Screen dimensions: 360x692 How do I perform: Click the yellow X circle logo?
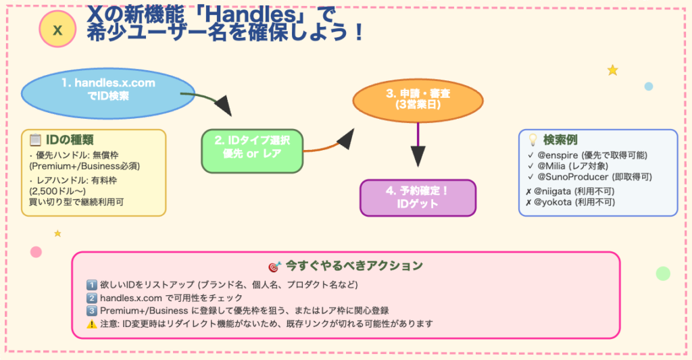57,30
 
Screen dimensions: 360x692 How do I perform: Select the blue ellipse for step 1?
108,90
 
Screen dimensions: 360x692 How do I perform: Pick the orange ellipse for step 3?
418,100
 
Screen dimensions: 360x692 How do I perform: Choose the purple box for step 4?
418,197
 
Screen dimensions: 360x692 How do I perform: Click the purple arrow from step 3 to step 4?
418,145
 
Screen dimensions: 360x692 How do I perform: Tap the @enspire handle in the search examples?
561,155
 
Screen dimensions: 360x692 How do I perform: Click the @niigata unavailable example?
559,191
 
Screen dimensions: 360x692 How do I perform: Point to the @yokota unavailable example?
558,202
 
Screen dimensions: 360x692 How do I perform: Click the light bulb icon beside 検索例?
533,140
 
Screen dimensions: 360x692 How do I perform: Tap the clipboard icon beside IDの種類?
36,140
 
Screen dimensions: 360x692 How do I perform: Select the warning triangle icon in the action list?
93,324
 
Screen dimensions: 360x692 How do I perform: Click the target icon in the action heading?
274,265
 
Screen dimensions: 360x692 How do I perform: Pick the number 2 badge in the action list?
93,297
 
